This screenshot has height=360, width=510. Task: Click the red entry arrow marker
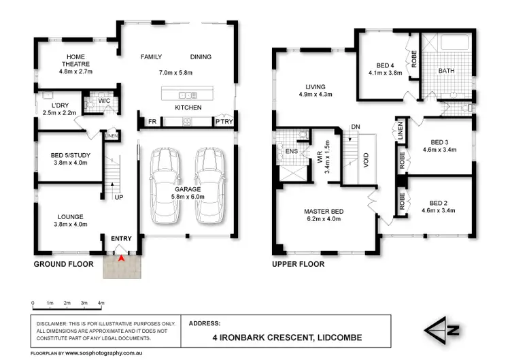[x=121, y=259]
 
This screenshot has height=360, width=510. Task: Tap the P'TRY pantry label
[x=224, y=122]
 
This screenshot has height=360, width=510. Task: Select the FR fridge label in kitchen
[x=152, y=122]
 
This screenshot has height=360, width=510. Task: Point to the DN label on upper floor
[x=355, y=127]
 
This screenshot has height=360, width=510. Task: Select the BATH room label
[x=446, y=71]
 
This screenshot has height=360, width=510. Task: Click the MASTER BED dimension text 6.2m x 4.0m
[x=324, y=220]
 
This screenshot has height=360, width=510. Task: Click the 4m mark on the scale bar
[x=101, y=303]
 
